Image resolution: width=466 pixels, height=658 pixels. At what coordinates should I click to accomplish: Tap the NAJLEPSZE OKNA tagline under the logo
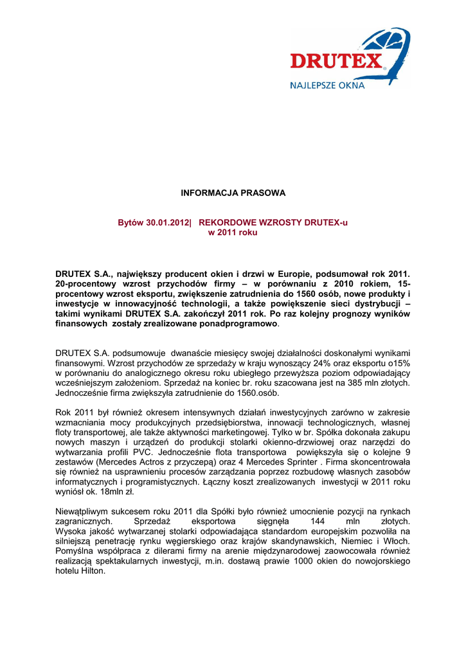[327, 84]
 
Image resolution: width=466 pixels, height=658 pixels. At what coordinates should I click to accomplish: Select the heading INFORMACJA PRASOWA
[233, 193]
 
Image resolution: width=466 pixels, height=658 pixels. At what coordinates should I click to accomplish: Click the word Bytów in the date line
[131, 222]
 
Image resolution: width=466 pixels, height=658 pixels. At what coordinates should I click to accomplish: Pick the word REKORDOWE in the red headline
[226, 222]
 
